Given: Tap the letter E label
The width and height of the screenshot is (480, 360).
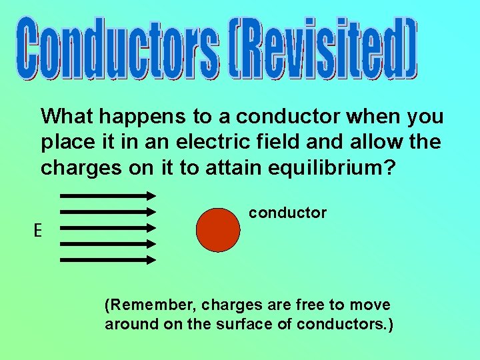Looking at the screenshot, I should pyautogui.click(x=38, y=231).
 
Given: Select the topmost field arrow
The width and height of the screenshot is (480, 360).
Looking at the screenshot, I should pyautogui.click(x=108, y=195).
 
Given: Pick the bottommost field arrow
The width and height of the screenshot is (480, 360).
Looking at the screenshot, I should pyautogui.click(x=108, y=260).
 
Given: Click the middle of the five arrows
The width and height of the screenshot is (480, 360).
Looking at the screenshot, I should pyautogui.click(x=108, y=228).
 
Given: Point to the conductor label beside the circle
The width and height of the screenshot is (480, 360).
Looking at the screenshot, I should pyautogui.click(x=287, y=213).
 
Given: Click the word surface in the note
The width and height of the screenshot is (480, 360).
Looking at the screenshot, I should pyautogui.click(x=251, y=325).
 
